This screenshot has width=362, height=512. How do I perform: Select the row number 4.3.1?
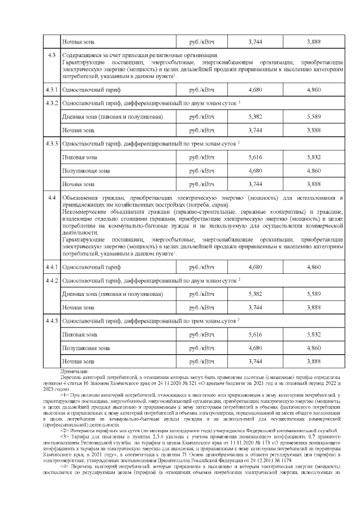[x=52, y=89]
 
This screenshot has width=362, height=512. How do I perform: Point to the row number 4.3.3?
[x=52, y=144]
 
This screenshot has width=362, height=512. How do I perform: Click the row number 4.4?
[x=52, y=197]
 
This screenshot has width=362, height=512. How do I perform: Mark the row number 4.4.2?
[x=52, y=280]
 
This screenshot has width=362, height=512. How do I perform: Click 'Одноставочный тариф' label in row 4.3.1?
[x=91, y=89]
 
